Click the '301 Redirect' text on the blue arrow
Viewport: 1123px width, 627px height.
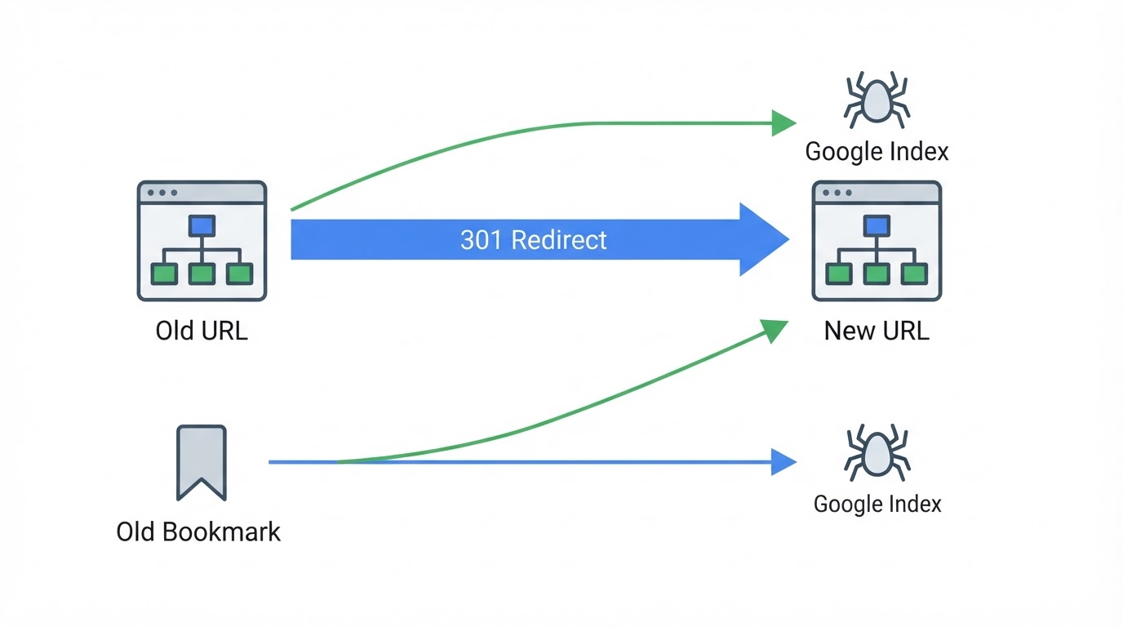534,240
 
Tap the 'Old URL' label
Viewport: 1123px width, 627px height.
202,331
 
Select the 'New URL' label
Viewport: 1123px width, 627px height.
877,331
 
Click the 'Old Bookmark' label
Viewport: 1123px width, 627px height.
198,531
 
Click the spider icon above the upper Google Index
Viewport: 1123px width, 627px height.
877,100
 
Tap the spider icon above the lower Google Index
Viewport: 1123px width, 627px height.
877,452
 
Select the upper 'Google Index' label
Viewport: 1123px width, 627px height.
877,152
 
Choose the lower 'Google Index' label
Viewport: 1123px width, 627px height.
877,504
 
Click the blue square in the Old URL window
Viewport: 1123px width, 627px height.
202,225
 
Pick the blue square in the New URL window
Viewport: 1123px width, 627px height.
877,225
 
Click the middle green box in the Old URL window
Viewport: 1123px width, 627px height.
202,273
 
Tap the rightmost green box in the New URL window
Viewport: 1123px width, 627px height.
914,273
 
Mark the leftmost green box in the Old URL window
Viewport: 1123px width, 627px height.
164,273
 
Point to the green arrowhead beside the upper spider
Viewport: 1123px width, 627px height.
784,123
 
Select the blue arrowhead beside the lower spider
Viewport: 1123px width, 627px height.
784,462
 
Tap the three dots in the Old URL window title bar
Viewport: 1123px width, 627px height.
162,193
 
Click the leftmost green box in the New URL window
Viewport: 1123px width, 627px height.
839,273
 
